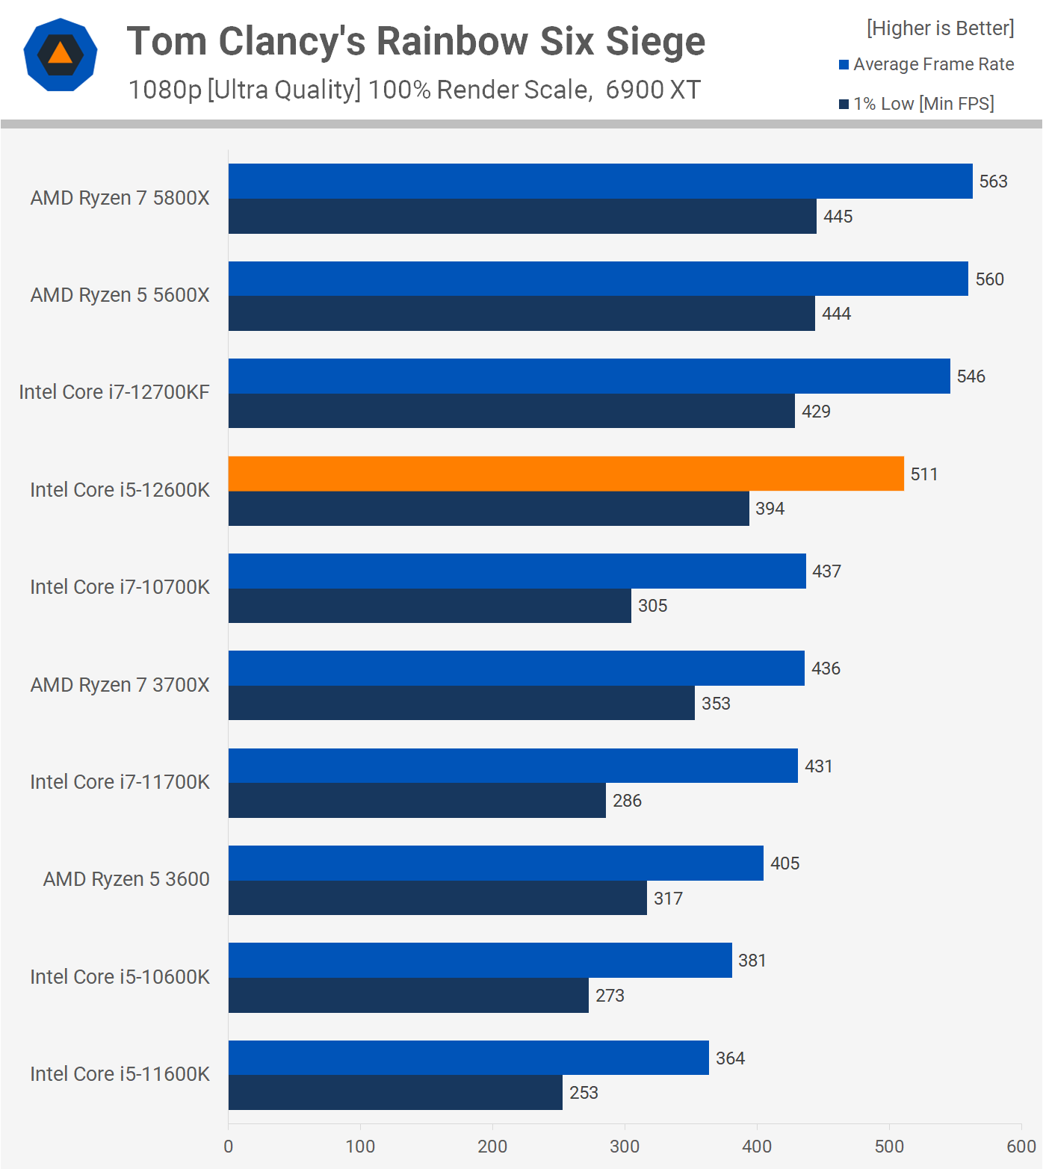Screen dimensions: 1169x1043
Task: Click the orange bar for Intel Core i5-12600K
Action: point(566,474)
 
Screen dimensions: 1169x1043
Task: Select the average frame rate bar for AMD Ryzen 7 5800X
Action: point(600,182)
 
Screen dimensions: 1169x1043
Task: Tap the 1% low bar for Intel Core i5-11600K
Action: point(395,1092)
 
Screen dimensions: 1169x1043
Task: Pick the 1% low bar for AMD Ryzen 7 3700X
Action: point(461,703)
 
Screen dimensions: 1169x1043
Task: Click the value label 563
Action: point(993,182)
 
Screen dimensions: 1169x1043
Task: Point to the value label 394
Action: point(770,509)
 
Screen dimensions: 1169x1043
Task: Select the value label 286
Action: point(627,801)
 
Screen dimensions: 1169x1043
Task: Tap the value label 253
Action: point(584,1093)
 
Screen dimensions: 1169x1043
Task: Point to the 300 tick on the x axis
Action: point(625,1147)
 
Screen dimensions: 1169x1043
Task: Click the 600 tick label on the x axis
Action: point(1021,1147)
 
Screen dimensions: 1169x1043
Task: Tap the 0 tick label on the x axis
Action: point(229,1147)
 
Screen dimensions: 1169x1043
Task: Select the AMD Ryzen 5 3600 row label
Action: point(126,879)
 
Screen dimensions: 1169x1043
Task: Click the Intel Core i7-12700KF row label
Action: point(114,392)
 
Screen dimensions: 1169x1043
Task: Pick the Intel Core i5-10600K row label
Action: point(120,977)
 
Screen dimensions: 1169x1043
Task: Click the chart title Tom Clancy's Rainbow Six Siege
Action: point(415,41)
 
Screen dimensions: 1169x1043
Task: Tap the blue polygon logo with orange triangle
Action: point(61,55)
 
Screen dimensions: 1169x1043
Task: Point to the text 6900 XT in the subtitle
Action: point(652,90)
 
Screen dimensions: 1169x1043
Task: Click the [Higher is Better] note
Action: point(940,28)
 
